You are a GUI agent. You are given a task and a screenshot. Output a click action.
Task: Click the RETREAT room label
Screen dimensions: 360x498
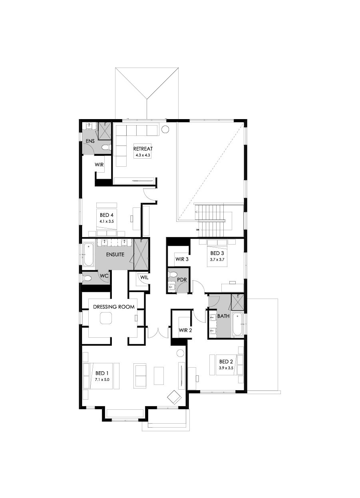pos(143,148)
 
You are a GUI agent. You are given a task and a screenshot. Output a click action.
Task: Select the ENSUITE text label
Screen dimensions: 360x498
pos(115,254)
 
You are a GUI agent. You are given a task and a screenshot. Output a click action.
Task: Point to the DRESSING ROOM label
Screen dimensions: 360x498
pos(114,307)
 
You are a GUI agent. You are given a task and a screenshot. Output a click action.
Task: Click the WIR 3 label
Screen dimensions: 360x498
pos(182,259)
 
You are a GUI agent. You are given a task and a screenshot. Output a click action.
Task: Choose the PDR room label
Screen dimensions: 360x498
pos(182,279)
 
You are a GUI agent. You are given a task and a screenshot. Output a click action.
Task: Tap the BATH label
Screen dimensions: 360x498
pos(223,316)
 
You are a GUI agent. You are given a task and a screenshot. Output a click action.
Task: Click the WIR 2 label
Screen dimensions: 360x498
pos(186,330)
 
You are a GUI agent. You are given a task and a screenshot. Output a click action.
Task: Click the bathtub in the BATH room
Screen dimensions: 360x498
pos(237,324)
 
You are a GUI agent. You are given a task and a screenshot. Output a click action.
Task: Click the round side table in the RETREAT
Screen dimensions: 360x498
pos(165,129)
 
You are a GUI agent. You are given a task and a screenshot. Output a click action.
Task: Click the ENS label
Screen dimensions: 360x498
pos(90,141)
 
